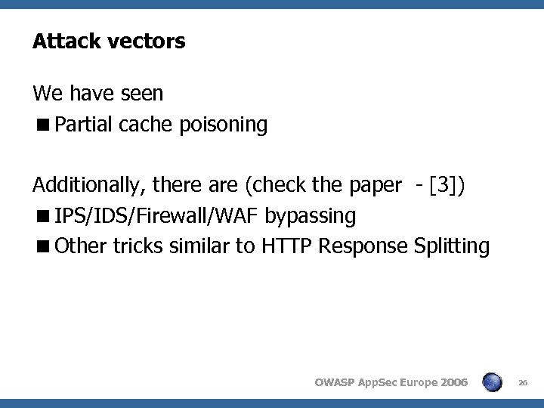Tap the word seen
143,94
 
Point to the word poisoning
224,125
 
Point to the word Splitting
453,247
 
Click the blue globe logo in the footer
491,382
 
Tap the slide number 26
523,382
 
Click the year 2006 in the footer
453,382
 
